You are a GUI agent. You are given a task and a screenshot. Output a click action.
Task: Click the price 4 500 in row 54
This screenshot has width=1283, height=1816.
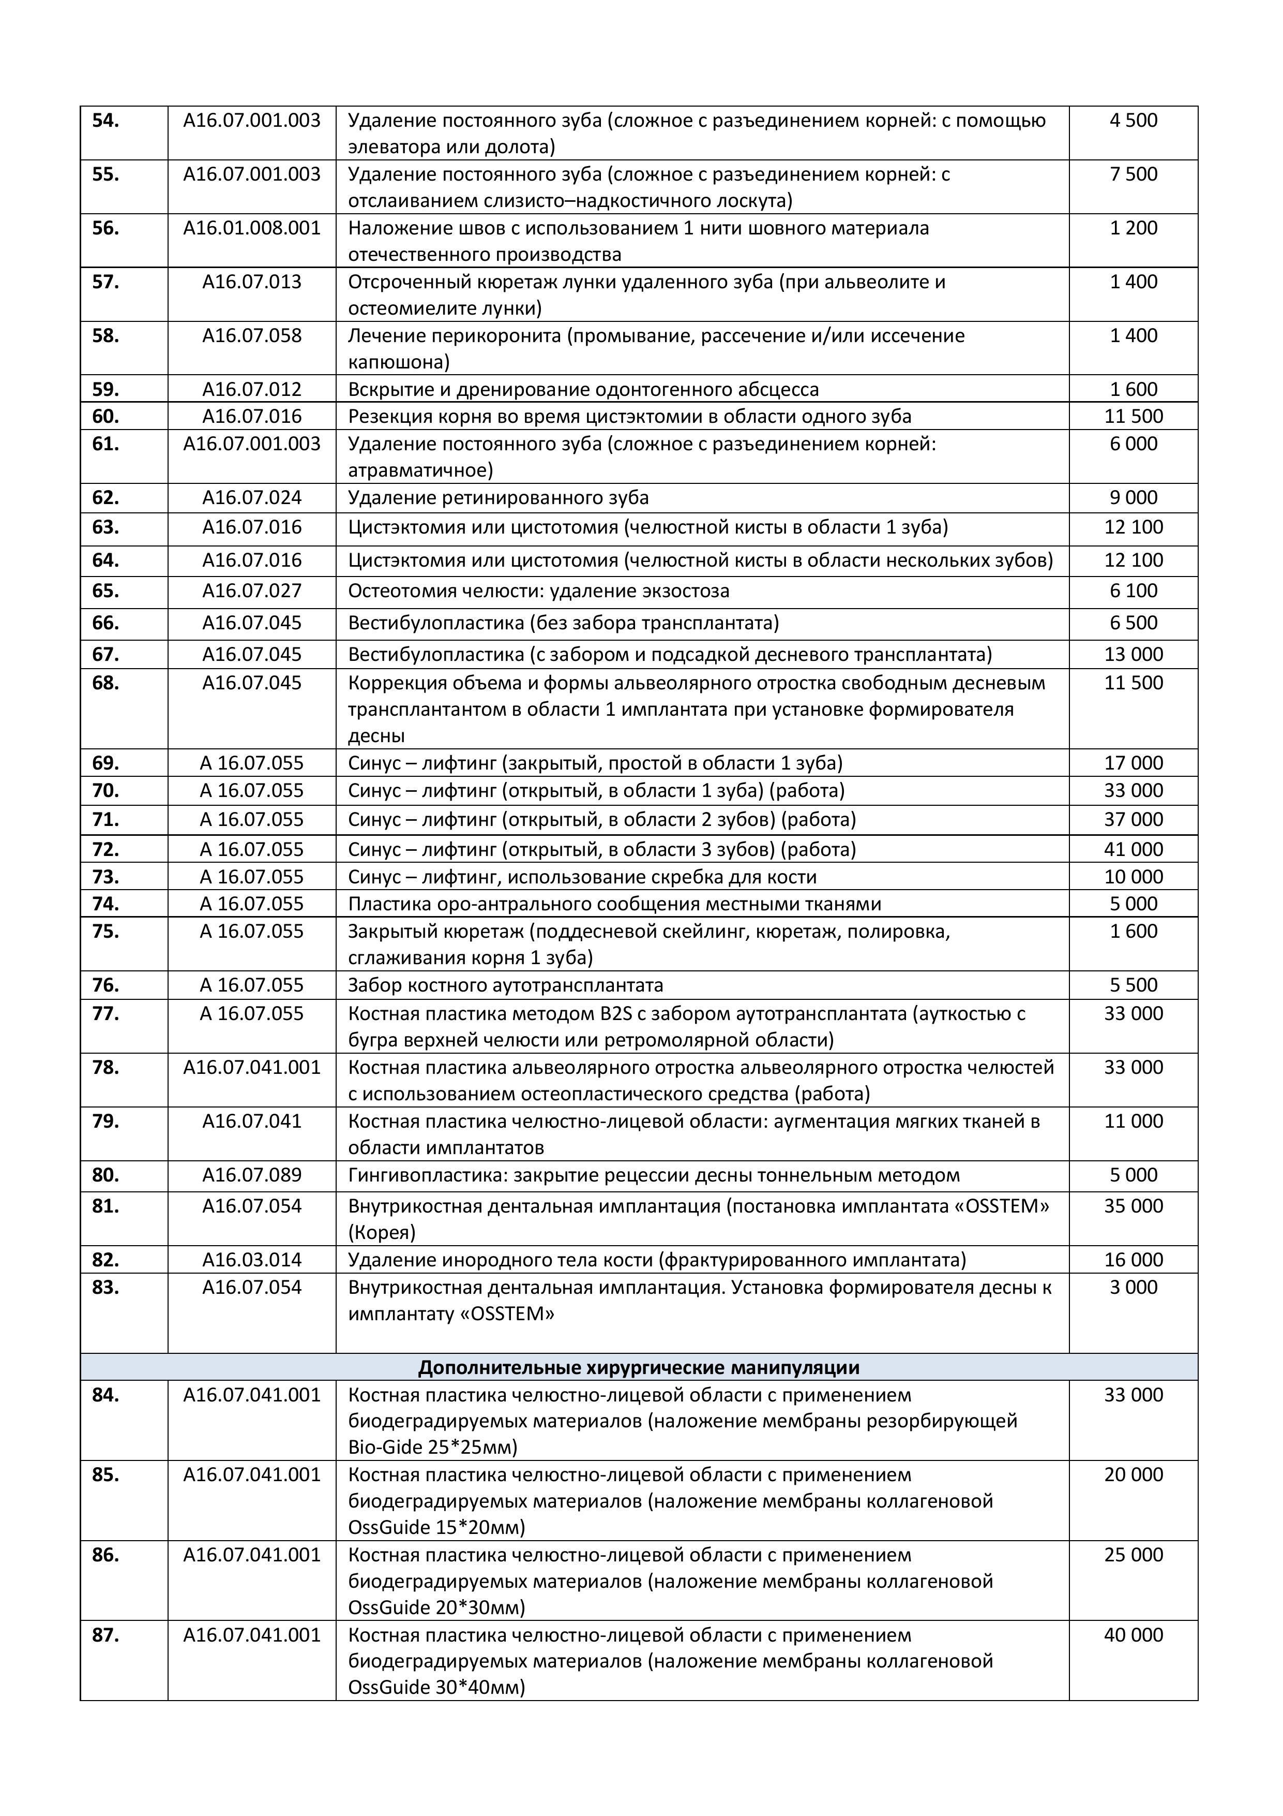pyautogui.click(x=1133, y=121)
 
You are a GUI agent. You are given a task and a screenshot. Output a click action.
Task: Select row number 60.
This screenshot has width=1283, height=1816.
pyautogui.click(x=106, y=417)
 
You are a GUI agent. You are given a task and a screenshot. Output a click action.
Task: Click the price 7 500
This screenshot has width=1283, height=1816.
pyautogui.click(x=1133, y=175)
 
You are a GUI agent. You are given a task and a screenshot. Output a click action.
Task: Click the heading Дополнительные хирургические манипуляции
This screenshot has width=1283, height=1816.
pyautogui.click(x=638, y=1367)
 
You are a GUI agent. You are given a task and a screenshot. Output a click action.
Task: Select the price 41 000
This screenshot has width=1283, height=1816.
pyautogui.click(x=1133, y=849)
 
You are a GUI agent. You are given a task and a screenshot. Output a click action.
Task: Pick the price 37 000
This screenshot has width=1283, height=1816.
pyautogui.click(x=1133, y=819)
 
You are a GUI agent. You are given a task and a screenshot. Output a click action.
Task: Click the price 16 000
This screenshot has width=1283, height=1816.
pyautogui.click(x=1133, y=1260)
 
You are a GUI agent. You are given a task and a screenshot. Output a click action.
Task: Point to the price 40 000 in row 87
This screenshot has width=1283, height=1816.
pyautogui.click(x=1133, y=1636)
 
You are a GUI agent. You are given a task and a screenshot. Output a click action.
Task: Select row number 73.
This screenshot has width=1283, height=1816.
pyautogui.click(x=106, y=877)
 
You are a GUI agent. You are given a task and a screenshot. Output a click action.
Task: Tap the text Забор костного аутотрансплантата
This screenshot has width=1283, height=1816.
pyautogui.click(x=505, y=985)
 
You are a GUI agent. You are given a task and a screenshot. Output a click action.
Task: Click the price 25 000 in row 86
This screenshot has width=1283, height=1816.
pyautogui.click(x=1133, y=1555)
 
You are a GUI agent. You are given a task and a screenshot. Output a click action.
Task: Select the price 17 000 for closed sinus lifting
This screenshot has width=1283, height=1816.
pyautogui.click(x=1133, y=763)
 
